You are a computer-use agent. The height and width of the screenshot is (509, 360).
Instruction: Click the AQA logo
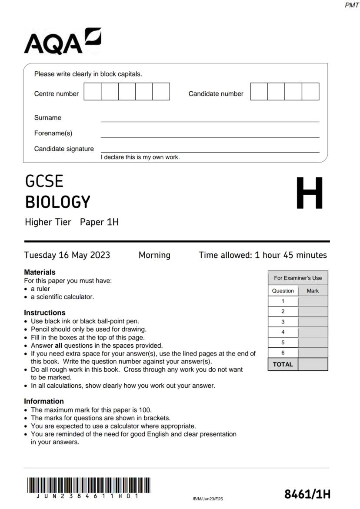[63, 42]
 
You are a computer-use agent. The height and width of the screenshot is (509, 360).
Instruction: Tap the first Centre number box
[92, 92]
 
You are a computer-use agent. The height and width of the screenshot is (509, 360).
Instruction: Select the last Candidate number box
[310, 92]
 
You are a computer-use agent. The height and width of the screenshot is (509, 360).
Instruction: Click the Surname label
[48, 118]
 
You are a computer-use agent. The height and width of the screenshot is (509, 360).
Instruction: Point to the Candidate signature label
[64, 149]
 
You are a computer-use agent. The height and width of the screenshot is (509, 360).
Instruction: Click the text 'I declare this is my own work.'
[140, 157]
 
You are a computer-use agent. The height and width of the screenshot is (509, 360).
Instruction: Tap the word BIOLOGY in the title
[58, 202]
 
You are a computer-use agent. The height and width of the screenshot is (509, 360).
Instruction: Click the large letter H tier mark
[309, 193]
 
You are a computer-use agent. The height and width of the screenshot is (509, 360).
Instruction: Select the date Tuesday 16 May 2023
[67, 255]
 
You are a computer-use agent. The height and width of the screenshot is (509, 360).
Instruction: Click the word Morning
[154, 255]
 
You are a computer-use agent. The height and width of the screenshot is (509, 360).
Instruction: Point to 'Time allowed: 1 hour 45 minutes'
[263, 255]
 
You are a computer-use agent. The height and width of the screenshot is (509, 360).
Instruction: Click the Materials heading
[40, 272]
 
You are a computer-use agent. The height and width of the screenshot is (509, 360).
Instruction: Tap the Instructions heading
[44, 313]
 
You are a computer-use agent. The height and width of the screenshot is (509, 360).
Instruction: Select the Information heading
[43, 401]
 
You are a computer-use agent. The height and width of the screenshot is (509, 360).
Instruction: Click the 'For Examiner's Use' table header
[298, 278]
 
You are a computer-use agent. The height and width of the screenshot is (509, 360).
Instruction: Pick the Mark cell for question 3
[313, 322]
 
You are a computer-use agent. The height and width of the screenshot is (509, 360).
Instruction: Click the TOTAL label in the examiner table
[283, 364]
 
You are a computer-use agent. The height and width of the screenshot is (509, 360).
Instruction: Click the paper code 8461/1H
[307, 494]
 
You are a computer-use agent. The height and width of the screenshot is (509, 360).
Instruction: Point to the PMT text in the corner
[351, 5]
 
